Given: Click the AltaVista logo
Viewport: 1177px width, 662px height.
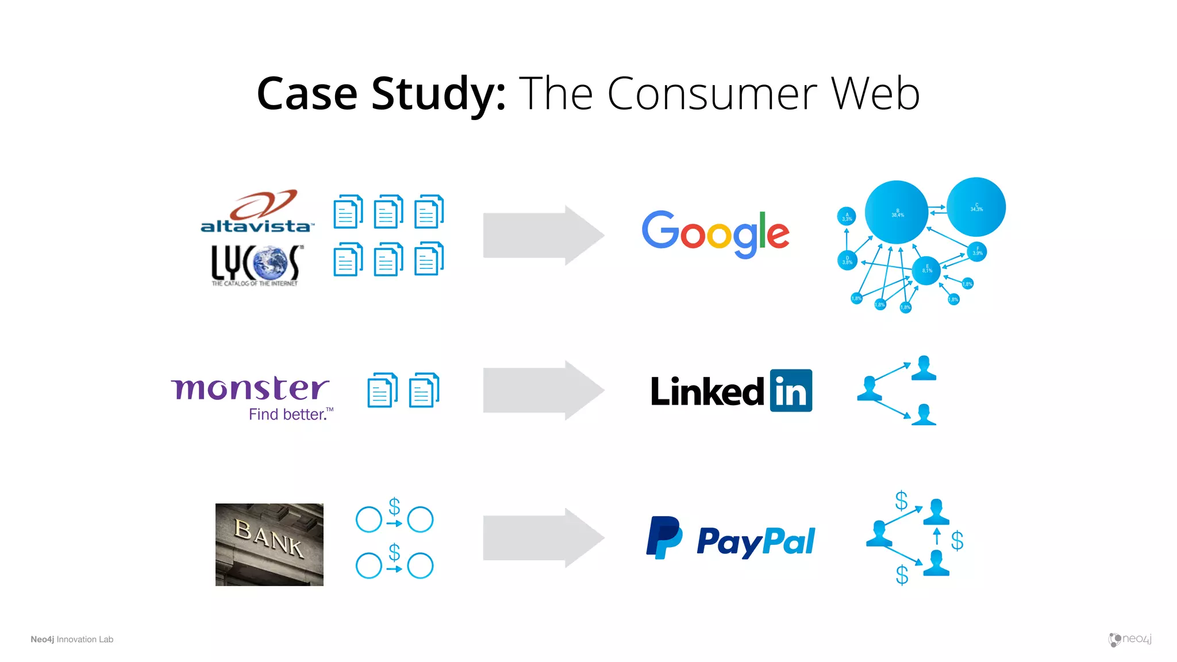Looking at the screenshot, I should [x=257, y=212].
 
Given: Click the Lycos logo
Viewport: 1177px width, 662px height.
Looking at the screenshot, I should [x=255, y=265].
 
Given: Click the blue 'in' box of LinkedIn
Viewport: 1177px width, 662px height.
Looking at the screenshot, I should [x=791, y=391].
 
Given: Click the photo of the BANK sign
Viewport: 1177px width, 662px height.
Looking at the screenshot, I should [x=269, y=545].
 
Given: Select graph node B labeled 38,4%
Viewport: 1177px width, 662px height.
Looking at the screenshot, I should [x=897, y=213].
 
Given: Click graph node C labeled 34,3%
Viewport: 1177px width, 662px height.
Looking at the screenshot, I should [x=976, y=207].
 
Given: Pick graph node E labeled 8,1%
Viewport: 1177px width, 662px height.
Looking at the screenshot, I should [x=926, y=270].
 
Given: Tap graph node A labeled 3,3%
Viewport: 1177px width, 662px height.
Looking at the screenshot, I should [x=847, y=217].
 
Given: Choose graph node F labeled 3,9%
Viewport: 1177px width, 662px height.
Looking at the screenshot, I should [x=978, y=251].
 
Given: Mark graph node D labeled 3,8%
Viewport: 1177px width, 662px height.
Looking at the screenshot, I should [x=847, y=260].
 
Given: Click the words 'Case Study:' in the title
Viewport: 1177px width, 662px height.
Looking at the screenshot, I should [x=381, y=94].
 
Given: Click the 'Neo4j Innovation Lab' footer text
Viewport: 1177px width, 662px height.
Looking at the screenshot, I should [x=72, y=640].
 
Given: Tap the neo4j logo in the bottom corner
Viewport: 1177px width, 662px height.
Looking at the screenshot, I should [x=1129, y=639].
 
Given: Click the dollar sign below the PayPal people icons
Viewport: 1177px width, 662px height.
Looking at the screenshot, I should [x=902, y=575].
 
